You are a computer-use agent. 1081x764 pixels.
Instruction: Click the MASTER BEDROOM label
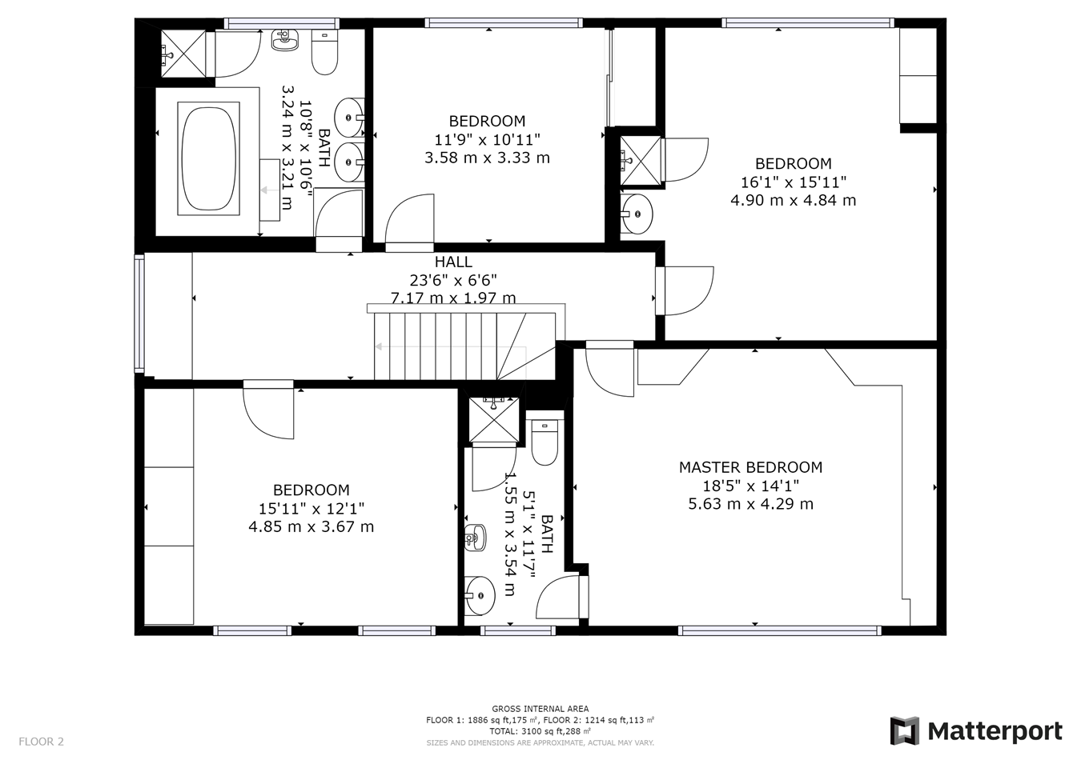[750, 467]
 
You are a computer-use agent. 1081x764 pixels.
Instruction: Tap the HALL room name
[453, 262]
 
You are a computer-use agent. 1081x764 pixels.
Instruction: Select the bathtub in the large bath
[209, 156]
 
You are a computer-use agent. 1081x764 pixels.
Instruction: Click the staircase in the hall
[464, 346]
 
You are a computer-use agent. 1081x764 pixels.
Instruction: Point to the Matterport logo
[976, 731]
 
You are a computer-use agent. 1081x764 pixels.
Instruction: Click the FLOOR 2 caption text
[41, 742]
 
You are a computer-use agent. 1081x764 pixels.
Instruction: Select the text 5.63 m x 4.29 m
[750, 504]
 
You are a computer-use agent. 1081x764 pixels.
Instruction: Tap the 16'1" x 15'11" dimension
[793, 182]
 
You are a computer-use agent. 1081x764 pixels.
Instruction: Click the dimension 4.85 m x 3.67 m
[311, 526]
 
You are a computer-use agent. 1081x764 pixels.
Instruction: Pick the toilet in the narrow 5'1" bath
[545, 442]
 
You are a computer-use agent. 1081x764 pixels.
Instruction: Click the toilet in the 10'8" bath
[324, 53]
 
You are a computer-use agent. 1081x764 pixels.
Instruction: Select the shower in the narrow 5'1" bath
[493, 418]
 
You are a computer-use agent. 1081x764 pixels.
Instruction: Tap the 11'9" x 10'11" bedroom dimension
[487, 139]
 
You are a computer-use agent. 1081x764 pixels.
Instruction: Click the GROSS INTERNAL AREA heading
[540, 709]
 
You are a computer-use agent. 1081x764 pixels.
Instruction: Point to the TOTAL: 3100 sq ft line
[540, 731]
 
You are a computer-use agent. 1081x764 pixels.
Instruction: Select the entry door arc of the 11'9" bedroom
[409, 218]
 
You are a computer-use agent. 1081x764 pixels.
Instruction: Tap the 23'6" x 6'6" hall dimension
[453, 280]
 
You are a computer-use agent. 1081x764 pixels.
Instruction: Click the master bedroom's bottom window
[779, 630]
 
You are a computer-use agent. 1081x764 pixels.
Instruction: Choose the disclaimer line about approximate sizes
[540, 743]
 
